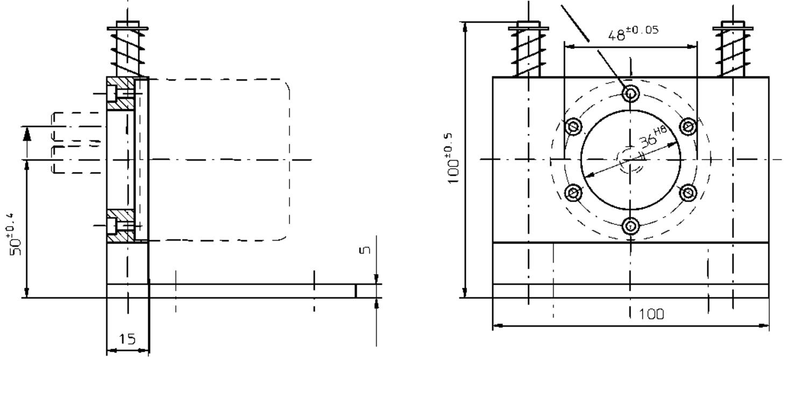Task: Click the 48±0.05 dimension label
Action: pos(633,33)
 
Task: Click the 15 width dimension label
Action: pos(127,339)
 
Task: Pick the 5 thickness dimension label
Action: pos(365,250)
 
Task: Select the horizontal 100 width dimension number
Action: pos(651,314)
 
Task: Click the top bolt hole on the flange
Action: pos(630,94)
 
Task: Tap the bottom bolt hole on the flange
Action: pos(630,226)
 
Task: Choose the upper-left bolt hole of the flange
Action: pos(574,127)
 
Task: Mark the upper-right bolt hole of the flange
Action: pos(688,127)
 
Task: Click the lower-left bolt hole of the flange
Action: pos(574,192)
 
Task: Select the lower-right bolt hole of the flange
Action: pos(688,192)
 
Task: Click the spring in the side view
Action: pos(127,51)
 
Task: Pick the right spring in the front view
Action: pos(732,51)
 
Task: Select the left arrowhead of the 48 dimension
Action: pos(568,47)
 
